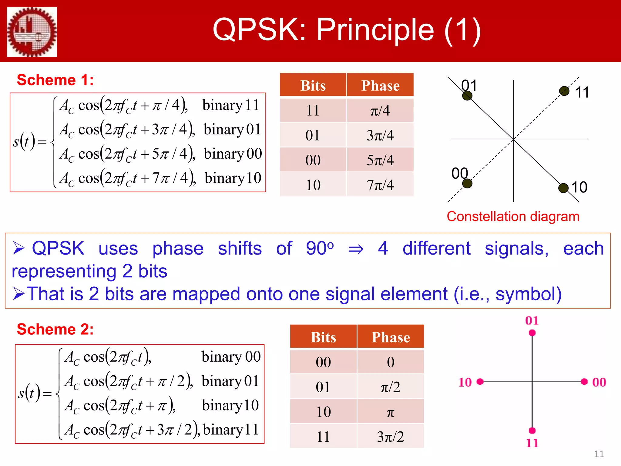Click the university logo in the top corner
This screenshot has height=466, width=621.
click(x=32, y=32)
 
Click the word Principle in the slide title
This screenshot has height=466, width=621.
click(x=375, y=30)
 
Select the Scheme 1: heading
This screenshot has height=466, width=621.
click(x=55, y=80)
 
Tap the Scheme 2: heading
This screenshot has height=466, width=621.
click(x=55, y=329)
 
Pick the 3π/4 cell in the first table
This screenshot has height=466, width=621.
click(x=380, y=135)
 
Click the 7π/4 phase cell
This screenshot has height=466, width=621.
click(x=380, y=185)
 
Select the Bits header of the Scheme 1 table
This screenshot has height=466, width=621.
click(x=313, y=86)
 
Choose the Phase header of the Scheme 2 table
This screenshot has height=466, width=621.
click(x=391, y=337)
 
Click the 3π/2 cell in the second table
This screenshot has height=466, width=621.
click(x=391, y=437)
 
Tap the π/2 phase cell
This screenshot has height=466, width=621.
click(x=391, y=387)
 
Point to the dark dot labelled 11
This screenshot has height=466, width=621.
click(x=564, y=91)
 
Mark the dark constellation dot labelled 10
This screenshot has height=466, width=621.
click(x=563, y=188)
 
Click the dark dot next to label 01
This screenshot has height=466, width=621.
click(x=467, y=96)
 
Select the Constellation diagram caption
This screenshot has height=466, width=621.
click(x=513, y=217)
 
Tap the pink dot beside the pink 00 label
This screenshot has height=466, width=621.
click(x=584, y=382)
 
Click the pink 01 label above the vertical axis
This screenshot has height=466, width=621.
click(x=532, y=320)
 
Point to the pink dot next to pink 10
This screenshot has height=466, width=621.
click(x=480, y=382)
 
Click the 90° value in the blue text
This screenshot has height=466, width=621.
click(x=320, y=248)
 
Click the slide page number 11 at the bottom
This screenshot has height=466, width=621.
click(x=599, y=454)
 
